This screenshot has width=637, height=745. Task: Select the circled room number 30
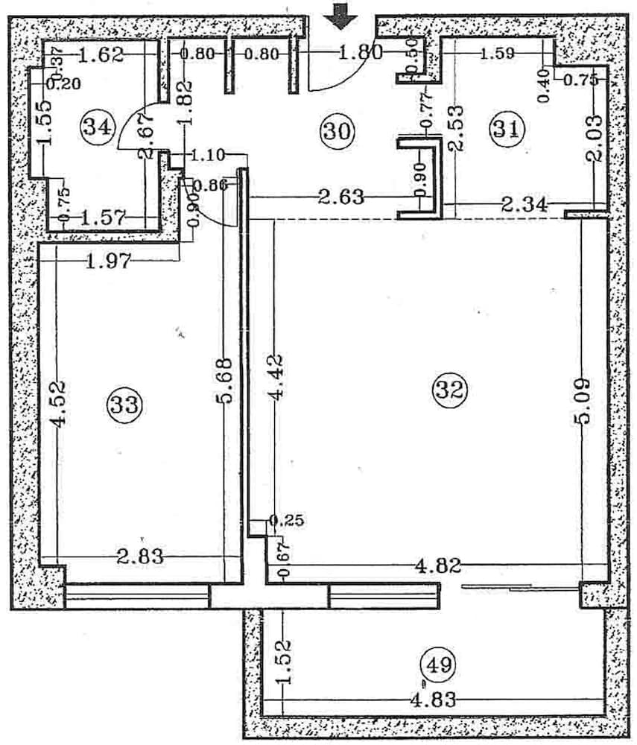tap(336, 131)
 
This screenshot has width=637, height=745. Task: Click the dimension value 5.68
tap(225, 380)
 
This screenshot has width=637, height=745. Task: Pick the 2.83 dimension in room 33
tap(140, 556)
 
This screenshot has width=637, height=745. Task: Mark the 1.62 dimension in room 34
tap(101, 54)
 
